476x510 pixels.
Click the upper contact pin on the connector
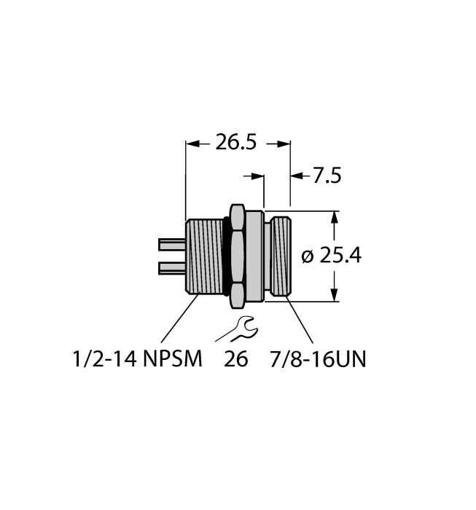pyautogui.click(x=171, y=243)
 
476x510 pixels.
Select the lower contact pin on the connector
pyautogui.click(x=171, y=268)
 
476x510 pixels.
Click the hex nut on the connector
pyautogui.click(x=237, y=255)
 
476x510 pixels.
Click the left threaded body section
pyautogui.click(x=206, y=255)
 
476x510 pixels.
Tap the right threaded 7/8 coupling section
pyautogui.click(x=281, y=255)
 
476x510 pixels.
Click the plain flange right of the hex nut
pyautogui.click(x=253, y=255)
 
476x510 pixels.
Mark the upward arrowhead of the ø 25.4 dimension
pyautogui.click(x=335, y=218)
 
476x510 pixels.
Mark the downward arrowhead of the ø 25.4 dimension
pyautogui.click(x=335, y=294)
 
